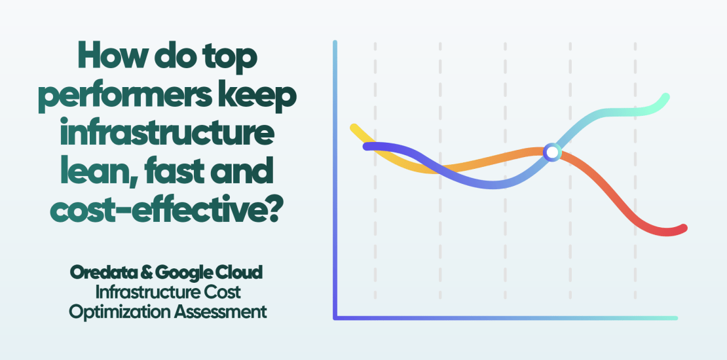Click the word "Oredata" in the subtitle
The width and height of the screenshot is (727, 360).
(x=102, y=272)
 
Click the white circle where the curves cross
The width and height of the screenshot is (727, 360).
(x=552, y=153)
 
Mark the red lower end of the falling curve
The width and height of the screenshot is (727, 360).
(x=682, y=228)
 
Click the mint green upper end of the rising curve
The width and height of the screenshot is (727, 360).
(x=665, y=98)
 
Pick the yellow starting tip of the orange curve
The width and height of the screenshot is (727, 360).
(x=354, y=127)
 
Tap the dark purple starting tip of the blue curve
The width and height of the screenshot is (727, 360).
(x=367, y=146)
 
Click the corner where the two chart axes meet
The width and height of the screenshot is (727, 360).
(x=335, y=317)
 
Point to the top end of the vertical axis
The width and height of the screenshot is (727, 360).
(x=335, y=43)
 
